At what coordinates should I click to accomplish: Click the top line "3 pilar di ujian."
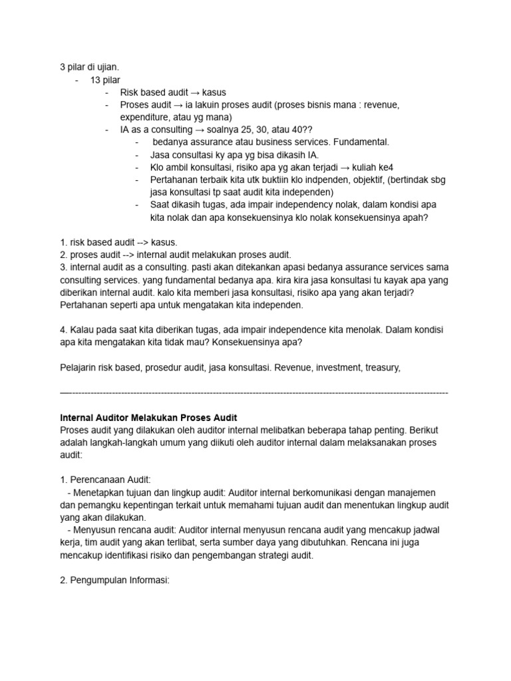click(x=90, y=67)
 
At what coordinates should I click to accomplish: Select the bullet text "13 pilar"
click(x=105, y=80)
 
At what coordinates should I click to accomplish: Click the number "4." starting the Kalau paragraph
click(x=65, y=330)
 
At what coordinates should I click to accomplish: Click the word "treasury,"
click(x=381, y=367)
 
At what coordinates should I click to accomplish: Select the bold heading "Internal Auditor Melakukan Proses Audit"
click(x=148, y=418)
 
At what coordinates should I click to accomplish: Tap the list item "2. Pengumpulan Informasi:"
click(x=115, y=580)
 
